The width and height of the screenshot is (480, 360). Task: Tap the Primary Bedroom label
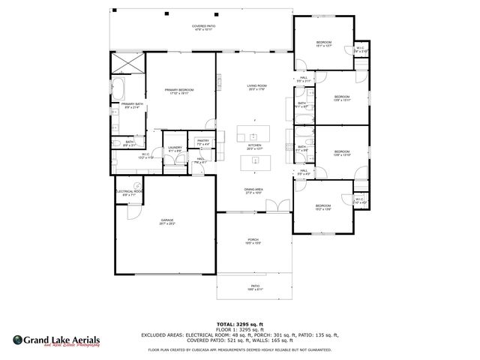(179, 91)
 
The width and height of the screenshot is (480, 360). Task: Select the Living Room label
(257, 87)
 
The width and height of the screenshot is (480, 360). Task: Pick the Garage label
(166, 222)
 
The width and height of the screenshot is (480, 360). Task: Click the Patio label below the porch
(255, 286)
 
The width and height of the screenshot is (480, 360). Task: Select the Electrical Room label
(129, 193)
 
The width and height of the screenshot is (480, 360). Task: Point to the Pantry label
(202, 142)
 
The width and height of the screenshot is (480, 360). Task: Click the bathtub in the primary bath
(120, 88)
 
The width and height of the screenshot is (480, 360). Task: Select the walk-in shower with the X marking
(128, 63)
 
